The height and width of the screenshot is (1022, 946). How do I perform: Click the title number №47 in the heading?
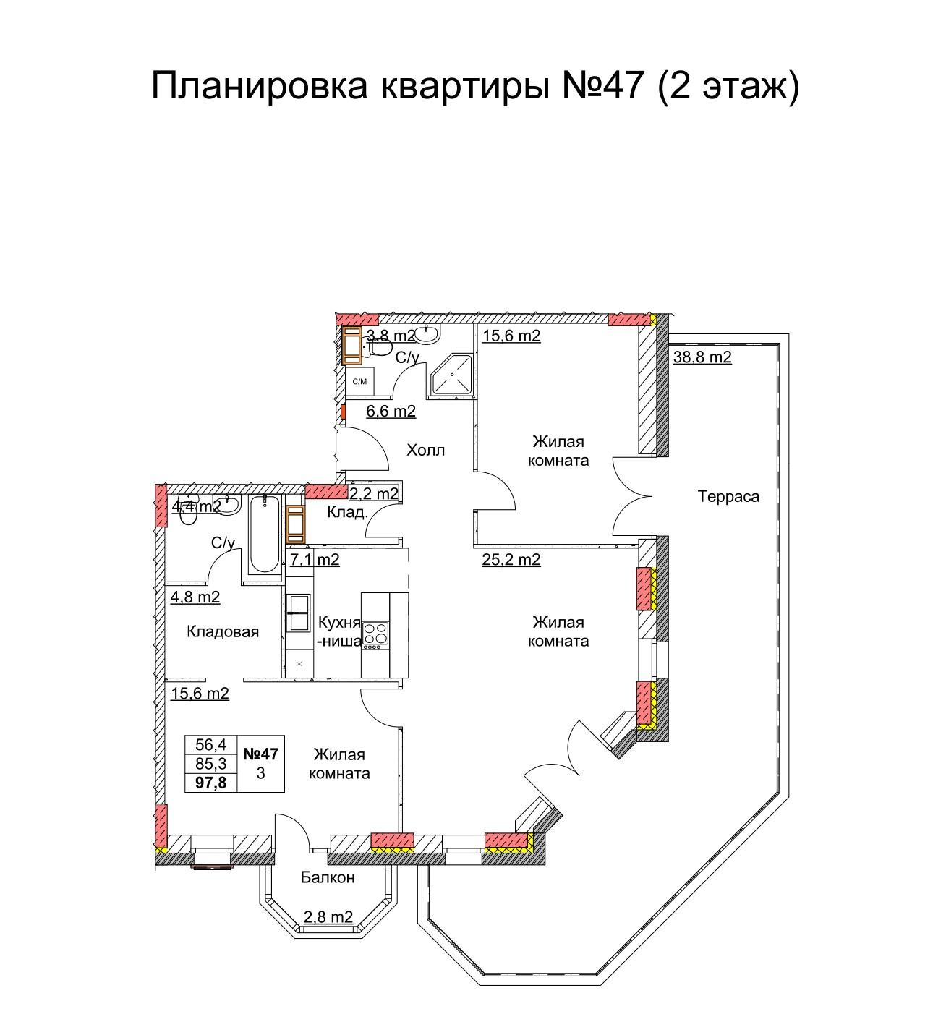tap(602, 85)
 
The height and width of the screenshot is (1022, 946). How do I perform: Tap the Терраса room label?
tap(728, 497)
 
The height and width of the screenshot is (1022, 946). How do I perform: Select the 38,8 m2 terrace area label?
tap(702, 357)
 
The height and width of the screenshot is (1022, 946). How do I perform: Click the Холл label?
tap(425, 451)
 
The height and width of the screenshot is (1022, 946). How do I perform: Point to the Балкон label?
tap(328, 877)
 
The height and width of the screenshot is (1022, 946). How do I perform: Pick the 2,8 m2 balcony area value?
tap(328, 916)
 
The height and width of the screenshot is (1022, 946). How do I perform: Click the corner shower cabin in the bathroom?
tap(451, 374)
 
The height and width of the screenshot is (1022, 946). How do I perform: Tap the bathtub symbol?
tap(265, 534)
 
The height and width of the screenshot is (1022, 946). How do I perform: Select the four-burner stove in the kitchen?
tap(375, 634)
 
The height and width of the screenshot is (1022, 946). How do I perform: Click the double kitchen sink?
tap(299, 613)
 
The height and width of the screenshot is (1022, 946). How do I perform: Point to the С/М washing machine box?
tap(359, 381)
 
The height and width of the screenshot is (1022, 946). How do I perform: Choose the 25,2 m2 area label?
tap(511, 559)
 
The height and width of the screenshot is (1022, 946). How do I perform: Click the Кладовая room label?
tap(222, 631)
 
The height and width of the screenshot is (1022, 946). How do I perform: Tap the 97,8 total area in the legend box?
tap(210, 783)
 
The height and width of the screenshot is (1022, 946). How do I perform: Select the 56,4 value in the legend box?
tap(210, 744)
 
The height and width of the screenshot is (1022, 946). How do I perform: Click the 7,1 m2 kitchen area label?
tap(315, 559)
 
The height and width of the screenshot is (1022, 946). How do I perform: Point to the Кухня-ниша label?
tap(339, 631)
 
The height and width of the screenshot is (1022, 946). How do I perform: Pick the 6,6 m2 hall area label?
tap(391, 411)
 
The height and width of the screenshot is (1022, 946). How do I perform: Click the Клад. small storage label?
tap(347, 512)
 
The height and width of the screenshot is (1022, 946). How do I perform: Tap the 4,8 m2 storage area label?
tap(195, 597)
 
